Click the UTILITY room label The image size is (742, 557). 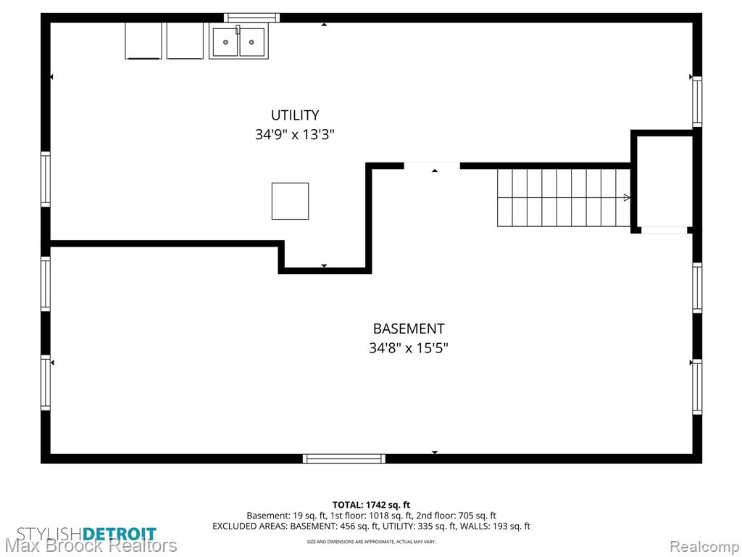pos(295,115)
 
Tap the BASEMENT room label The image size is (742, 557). pos(409,329)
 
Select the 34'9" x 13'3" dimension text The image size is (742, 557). pos(295,135)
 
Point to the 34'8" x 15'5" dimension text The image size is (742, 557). pos(409,349)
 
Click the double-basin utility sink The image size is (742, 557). pos(238,41)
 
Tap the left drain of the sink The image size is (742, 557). pos(226,42)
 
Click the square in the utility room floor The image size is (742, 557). pos(290,202)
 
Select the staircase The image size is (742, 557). pos(564,197)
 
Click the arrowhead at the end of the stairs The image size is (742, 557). pos(627,197)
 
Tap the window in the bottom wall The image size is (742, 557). pos(344,458)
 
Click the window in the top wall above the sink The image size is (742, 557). pos(251,18)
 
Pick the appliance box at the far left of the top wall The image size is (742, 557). pos(143,41)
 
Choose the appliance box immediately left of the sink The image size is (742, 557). pos(185,41)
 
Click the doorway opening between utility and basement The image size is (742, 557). pos(432,166)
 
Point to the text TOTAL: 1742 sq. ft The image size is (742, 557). pos(371,505)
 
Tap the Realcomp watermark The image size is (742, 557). pos(704,546)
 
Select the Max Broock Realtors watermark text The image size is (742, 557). pos(91,546)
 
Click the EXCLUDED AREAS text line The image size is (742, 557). pos(371,527)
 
